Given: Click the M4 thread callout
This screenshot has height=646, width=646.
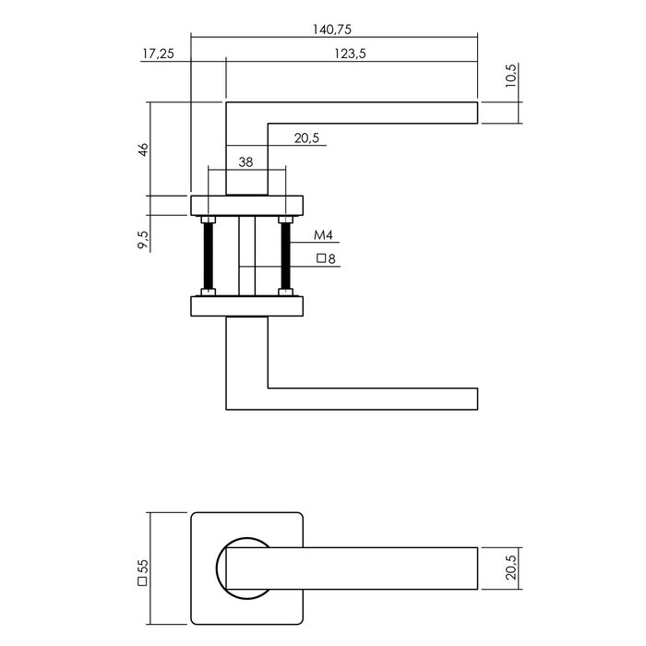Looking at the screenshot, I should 322,235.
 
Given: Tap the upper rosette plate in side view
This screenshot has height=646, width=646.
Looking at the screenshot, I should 247,205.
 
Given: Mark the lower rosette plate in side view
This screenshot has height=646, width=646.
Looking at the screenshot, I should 247,305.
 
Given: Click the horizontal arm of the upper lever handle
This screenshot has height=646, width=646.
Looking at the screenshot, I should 369,112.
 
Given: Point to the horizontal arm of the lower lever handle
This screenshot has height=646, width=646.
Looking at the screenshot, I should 369,399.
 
